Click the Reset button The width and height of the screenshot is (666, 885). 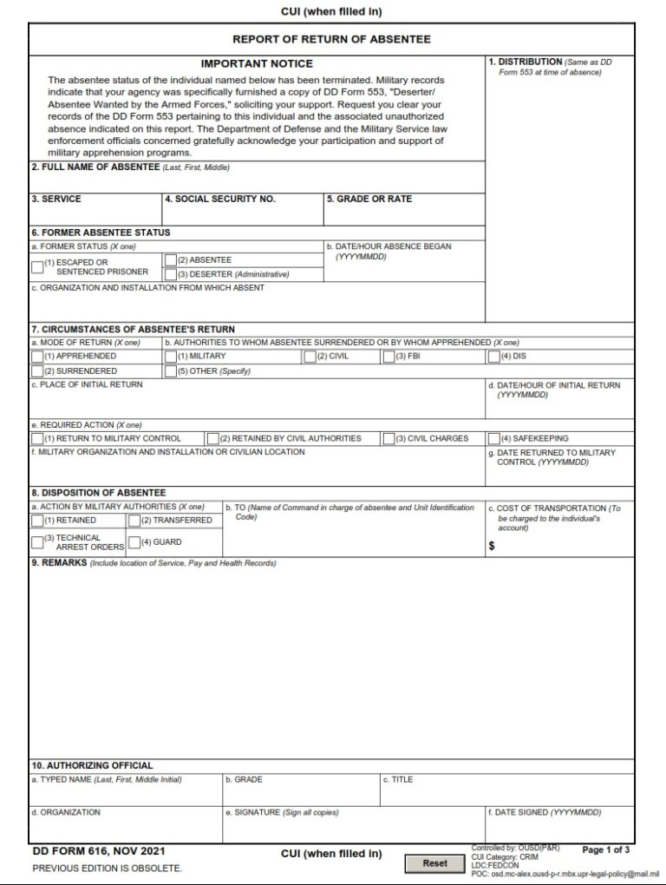point(434,863)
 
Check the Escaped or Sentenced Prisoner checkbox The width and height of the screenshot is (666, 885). point(37,267)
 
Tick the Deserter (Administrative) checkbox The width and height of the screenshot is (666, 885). point(171,274)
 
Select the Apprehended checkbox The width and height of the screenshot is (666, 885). point(37,356)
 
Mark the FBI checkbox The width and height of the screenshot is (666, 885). point(388,356)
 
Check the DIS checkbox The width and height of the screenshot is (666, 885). point(494,356)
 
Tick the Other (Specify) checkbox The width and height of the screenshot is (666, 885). point(171,371)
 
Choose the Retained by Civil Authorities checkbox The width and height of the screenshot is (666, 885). point(212,438)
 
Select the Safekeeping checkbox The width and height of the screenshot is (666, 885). point(494,438)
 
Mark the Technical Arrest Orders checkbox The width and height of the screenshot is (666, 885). point(37,542)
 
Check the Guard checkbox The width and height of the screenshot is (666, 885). point(134,542)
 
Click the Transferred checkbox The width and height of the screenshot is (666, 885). point(134,521)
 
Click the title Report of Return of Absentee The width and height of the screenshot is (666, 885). point(331,39)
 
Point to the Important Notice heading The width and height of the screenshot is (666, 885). point(257,63)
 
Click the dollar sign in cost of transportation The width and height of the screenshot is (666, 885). point(492,547)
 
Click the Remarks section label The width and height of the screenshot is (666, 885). point(59,563)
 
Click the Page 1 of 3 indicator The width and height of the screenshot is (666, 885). point(606,849)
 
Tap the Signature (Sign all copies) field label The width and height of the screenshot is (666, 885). point(281,812)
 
